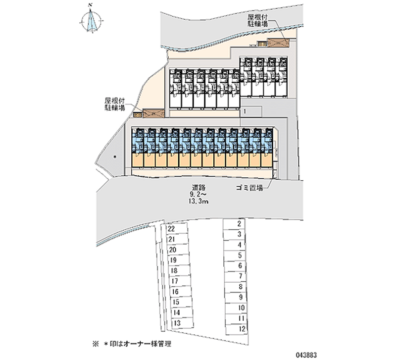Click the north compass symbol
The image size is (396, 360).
click(x=91, y=22)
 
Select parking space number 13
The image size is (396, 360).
click(x=177, y=323)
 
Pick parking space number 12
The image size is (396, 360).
click(x=241, y=328)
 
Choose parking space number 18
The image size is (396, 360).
click(x=174, y=270)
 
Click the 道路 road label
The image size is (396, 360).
click(x=199, y=187)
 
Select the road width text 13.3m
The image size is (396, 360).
click(x=199, y=202)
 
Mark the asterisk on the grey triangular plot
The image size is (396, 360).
click(x=115, y=157)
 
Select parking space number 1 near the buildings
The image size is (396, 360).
click(x=245, y=112)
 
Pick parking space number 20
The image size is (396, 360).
click(x=172, y=250)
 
